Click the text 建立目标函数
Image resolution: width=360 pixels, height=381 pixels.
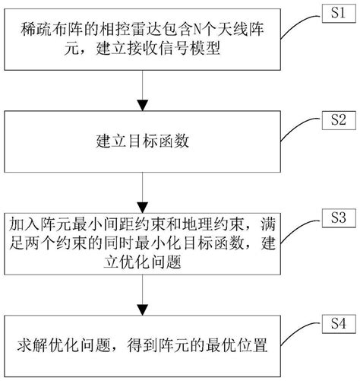[x=140, y=142]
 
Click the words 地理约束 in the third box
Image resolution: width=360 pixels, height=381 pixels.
[x=215, y=227]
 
